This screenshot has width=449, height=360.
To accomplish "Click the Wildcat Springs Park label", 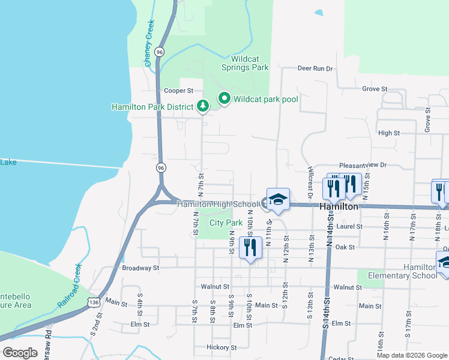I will click(251, 64).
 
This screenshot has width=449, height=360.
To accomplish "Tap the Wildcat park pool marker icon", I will click(225, 98).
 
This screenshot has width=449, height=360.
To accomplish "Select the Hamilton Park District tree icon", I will click(203, 107).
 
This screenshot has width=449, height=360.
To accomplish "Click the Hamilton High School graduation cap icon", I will click(278, 200).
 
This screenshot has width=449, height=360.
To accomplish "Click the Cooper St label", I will click(178, 91).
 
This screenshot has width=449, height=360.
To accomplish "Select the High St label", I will click(389, 133).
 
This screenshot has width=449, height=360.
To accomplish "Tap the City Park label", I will click(226, 223).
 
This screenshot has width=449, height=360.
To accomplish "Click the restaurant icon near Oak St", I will click(250, 247).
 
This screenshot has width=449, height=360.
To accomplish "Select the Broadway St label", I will click(140, 268).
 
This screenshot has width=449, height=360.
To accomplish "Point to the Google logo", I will click(20, 353).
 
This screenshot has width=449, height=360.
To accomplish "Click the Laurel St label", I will click(351, 226).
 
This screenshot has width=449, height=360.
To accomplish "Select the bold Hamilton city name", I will click(339, 206).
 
